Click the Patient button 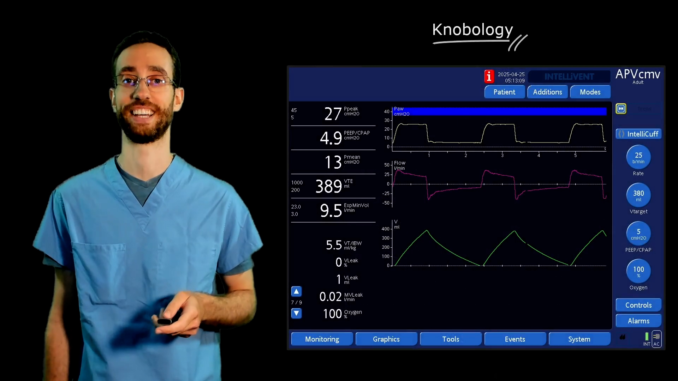click(x=504, y=92)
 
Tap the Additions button click(x=547, y=92)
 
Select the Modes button click(x=590, y=92)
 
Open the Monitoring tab click(x=322, y=339)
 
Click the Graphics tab click(x=386, y=339)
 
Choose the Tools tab click(x=451, y=339)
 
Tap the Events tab click(x=515, y=339)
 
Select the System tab click(x=579, y=339)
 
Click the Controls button click(x=638, y=305)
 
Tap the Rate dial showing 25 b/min click(x=638, y=157)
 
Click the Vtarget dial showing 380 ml click(x=638, y=195)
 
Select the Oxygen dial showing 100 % click(x=638, y=271)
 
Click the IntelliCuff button click(x=638, y=134)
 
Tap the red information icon click(x=489, y=76)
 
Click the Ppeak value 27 click(x=333, y=114)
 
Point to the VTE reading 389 click(x=328, y=186)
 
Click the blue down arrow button click(x=296, y=313)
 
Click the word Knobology click(x=472, y=30)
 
